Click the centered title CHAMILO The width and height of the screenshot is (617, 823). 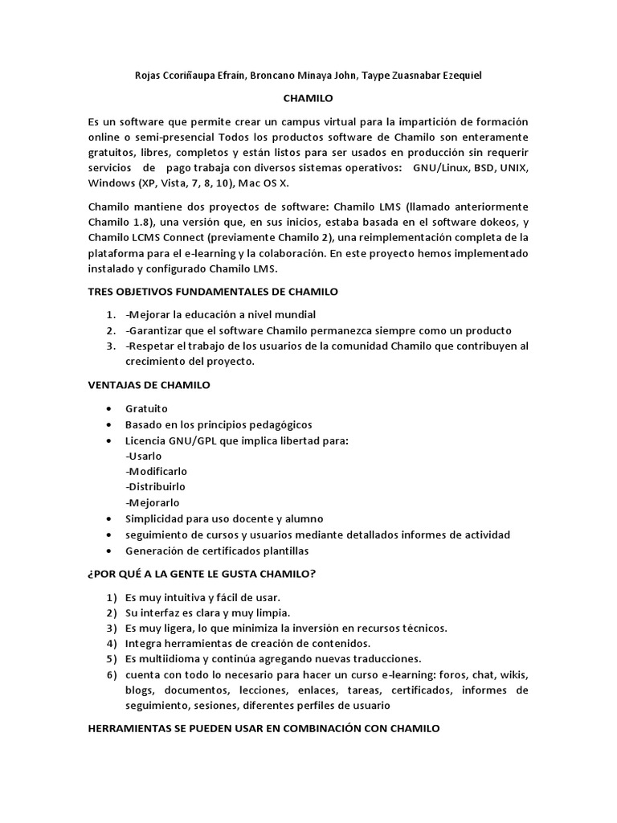[308, 98]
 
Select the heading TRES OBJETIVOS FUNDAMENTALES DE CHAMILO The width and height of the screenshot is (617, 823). [213, 291]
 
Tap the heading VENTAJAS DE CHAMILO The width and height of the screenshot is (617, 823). [149, 385]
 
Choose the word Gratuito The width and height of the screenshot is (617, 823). [147, 408]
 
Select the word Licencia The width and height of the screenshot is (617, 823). [147, 440]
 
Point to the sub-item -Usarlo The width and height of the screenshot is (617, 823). [144, 456]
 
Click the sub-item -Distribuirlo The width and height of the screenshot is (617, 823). [155, 487]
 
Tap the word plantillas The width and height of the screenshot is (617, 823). [282, 551]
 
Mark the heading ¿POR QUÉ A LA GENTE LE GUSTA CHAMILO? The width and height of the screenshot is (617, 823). [202, 574]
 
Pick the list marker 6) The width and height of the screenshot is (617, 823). [111, 674]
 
